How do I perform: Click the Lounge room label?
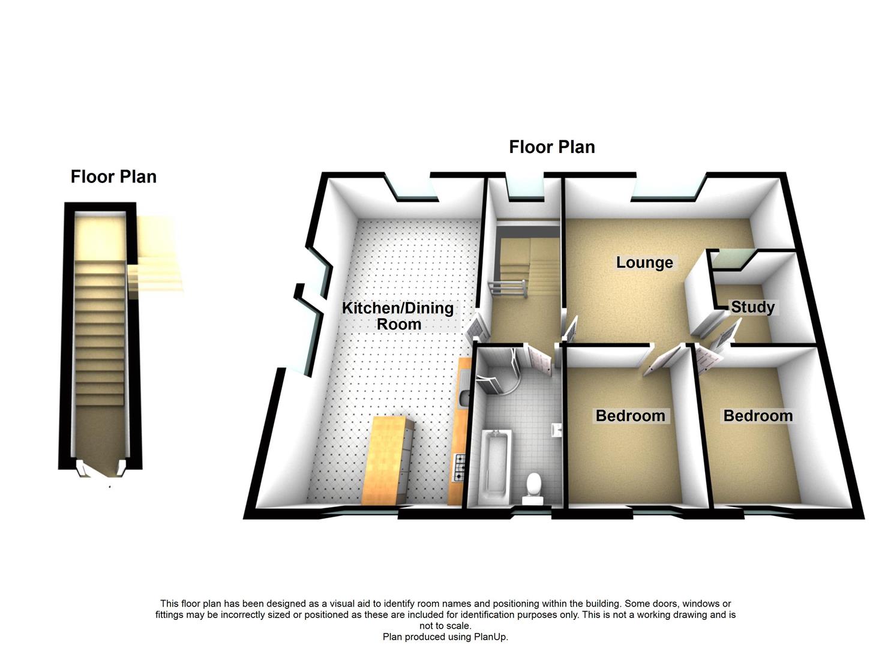644,263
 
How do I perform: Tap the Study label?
752,307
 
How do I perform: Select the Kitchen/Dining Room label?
398,316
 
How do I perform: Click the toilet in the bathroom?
532,487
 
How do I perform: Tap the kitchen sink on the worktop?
464,397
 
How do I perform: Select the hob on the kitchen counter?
460,467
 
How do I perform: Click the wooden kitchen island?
388,459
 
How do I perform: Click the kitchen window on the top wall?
414,190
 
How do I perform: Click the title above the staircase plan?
113,176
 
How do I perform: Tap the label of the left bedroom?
630,416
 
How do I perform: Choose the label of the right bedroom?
758,416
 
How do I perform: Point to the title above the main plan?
551,147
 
